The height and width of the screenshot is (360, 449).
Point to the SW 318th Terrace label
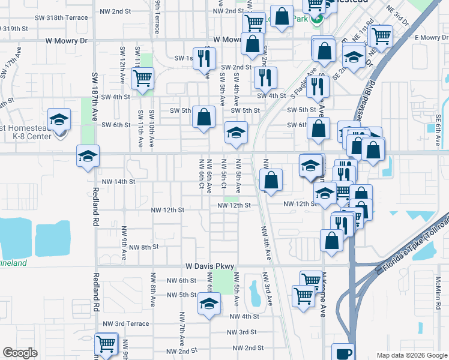(x=64, y=17)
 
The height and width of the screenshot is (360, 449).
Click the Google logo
(x=20, y=353)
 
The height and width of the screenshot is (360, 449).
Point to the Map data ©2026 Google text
(x=412, y=355)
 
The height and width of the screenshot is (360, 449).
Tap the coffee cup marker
(x=342, y=353)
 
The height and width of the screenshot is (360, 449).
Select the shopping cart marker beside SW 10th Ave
(x=143, y=78)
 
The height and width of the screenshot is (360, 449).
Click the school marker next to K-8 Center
(x=59, y=119)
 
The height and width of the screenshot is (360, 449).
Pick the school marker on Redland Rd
(x=88, y=156)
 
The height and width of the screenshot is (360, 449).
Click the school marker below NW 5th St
(x=208, y=305)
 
